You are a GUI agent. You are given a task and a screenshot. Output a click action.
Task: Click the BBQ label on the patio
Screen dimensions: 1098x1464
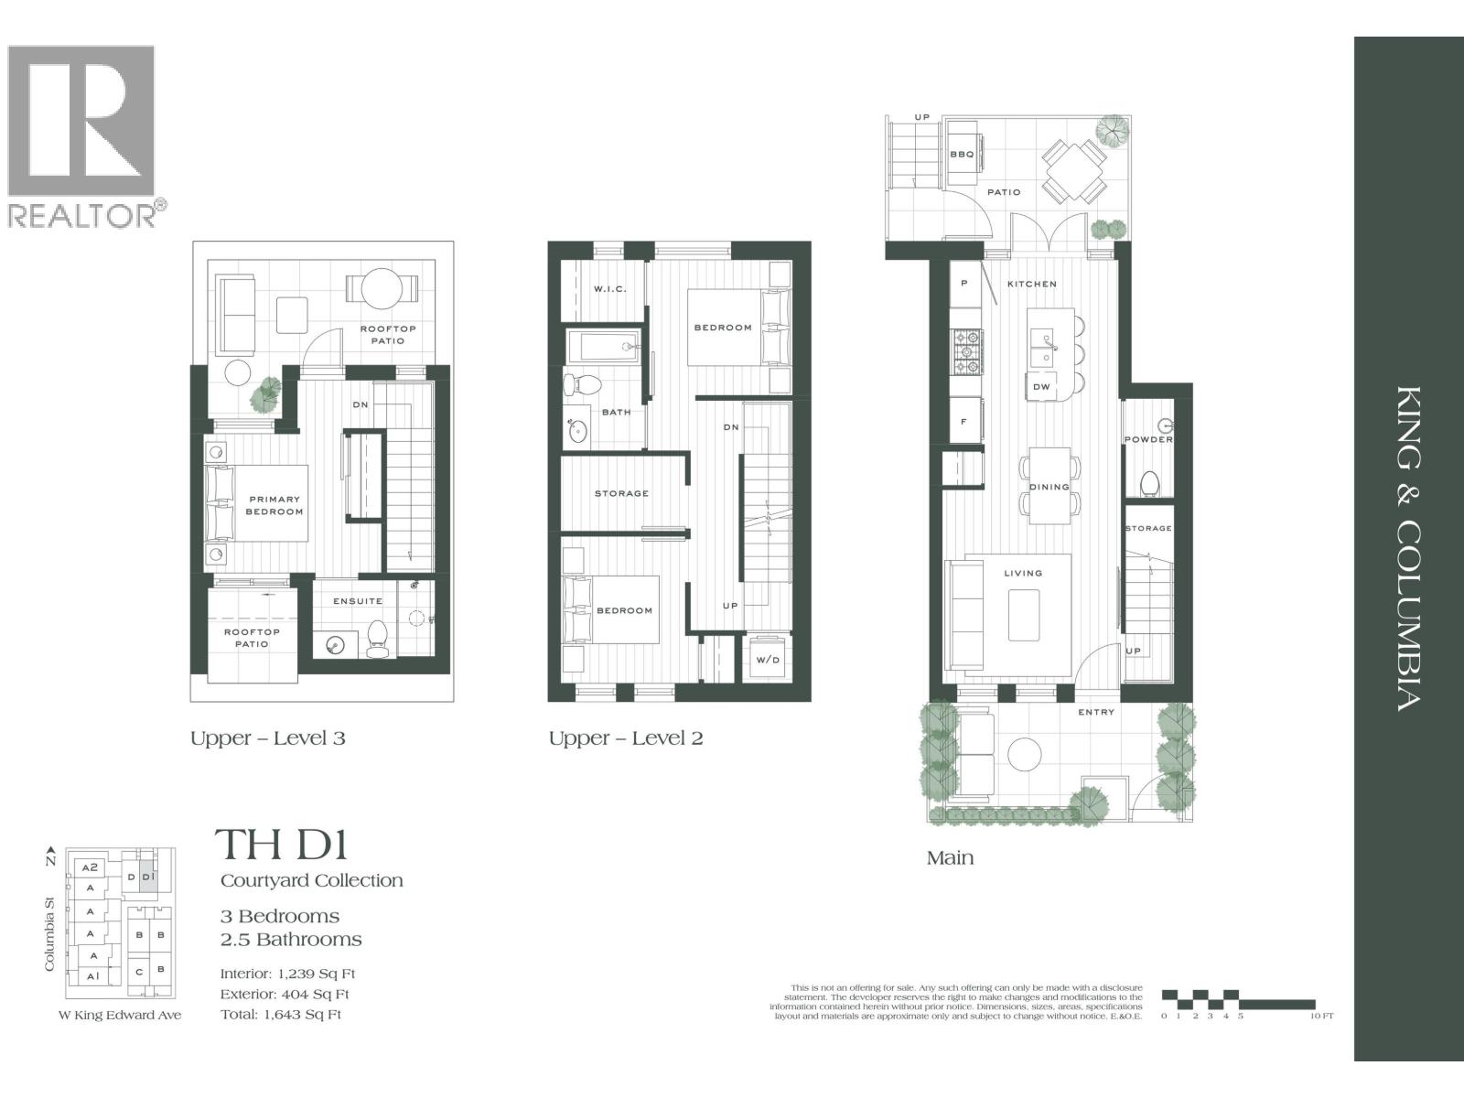(962, 155)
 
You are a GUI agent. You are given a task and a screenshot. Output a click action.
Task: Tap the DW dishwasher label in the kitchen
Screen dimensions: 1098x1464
(1041, 387)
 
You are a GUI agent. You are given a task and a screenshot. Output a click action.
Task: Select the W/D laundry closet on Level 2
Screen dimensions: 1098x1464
(767, 660)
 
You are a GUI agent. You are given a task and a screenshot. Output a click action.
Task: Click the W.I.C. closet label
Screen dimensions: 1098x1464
(609, 289)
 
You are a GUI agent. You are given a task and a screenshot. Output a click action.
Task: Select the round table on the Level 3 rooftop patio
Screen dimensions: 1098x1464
(382, 288)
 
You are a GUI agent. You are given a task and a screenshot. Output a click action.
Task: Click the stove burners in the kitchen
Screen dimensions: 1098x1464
(967, 353)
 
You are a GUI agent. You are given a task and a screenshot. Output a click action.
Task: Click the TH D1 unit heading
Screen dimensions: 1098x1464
(282, 845)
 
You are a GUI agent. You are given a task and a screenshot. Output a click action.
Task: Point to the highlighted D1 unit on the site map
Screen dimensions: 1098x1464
(149, 877)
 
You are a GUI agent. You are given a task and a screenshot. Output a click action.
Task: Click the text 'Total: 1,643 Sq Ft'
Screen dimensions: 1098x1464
(281, 1015)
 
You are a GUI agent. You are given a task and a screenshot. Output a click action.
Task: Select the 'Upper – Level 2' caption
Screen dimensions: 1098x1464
(626, 738)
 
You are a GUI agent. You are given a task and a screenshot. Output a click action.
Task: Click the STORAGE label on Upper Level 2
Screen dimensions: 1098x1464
(621, 494)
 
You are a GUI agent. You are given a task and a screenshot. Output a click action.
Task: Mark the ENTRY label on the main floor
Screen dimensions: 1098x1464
(1096, 712)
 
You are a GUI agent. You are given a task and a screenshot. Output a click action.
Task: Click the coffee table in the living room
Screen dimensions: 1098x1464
(1023, 615)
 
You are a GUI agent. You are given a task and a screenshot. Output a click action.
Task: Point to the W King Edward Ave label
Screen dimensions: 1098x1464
(120, 1015)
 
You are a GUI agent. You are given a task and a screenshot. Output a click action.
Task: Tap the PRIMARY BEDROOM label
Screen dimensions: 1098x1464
(274, 505)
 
